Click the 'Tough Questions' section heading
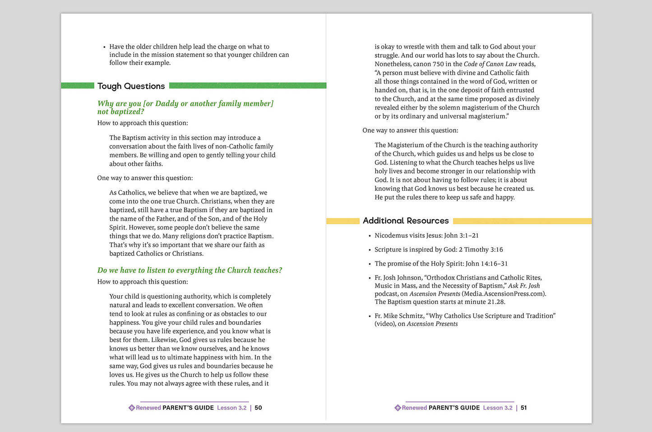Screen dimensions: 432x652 point(131,86)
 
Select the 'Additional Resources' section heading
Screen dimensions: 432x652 point(406,221)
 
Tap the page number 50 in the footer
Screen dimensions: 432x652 point(258,408)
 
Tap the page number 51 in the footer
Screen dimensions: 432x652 point(524,408)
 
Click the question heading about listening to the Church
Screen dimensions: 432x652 point(190,270)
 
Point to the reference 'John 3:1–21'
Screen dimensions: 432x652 point(461,235)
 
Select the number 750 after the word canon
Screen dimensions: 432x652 point(438,64)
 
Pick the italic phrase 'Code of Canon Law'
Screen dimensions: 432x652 point(490,64)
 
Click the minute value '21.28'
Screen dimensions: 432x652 point(496,302)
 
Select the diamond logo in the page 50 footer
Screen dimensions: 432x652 point(131,408)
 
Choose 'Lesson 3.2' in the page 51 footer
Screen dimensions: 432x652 point(498,408)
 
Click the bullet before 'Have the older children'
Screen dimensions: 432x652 point(104,47)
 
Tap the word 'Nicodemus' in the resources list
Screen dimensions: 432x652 point(393,235)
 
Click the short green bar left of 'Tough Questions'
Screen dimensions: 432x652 point(78,86)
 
